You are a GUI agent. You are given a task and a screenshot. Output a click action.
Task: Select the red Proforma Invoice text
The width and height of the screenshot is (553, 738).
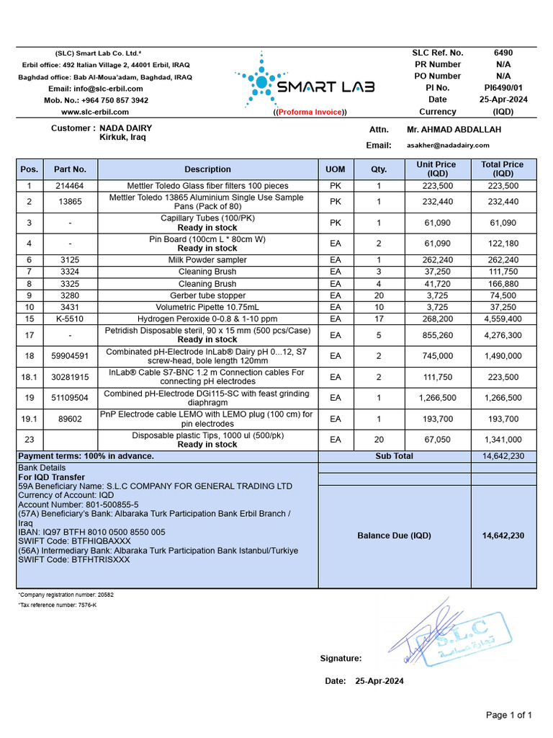point(311,112)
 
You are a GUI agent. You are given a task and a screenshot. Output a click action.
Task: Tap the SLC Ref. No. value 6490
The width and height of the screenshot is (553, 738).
point(503,53)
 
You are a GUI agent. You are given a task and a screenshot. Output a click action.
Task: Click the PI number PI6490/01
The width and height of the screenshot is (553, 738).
point(503,88)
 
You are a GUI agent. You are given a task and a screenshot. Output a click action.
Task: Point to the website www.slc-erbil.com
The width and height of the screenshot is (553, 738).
point(95,112)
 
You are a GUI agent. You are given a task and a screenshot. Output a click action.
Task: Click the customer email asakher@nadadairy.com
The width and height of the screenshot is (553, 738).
point(448,145)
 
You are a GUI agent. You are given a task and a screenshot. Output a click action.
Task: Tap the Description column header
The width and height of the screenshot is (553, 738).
point(207,169)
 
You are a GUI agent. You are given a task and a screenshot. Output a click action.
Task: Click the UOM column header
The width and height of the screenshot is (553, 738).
point(336,169)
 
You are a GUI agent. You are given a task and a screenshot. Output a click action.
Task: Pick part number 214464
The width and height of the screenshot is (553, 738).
point(70,185)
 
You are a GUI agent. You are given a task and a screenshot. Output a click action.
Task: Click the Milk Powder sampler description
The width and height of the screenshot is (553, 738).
point(207,259)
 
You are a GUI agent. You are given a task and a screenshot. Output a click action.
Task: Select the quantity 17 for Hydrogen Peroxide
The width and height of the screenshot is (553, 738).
point(379,319)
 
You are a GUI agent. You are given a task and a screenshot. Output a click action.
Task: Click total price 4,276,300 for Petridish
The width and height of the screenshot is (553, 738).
point(503,335)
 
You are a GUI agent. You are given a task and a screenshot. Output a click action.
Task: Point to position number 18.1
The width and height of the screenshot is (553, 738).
point(30,377)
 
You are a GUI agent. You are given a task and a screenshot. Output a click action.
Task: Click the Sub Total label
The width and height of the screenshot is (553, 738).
point(395,456)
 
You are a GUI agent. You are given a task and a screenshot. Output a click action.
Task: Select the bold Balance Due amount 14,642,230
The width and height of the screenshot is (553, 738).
point(503,535)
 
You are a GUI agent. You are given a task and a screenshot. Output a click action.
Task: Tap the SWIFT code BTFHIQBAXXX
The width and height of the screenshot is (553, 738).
point(95,541)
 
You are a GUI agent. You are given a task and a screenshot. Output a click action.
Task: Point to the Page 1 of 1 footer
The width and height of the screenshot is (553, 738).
point(508,715)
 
